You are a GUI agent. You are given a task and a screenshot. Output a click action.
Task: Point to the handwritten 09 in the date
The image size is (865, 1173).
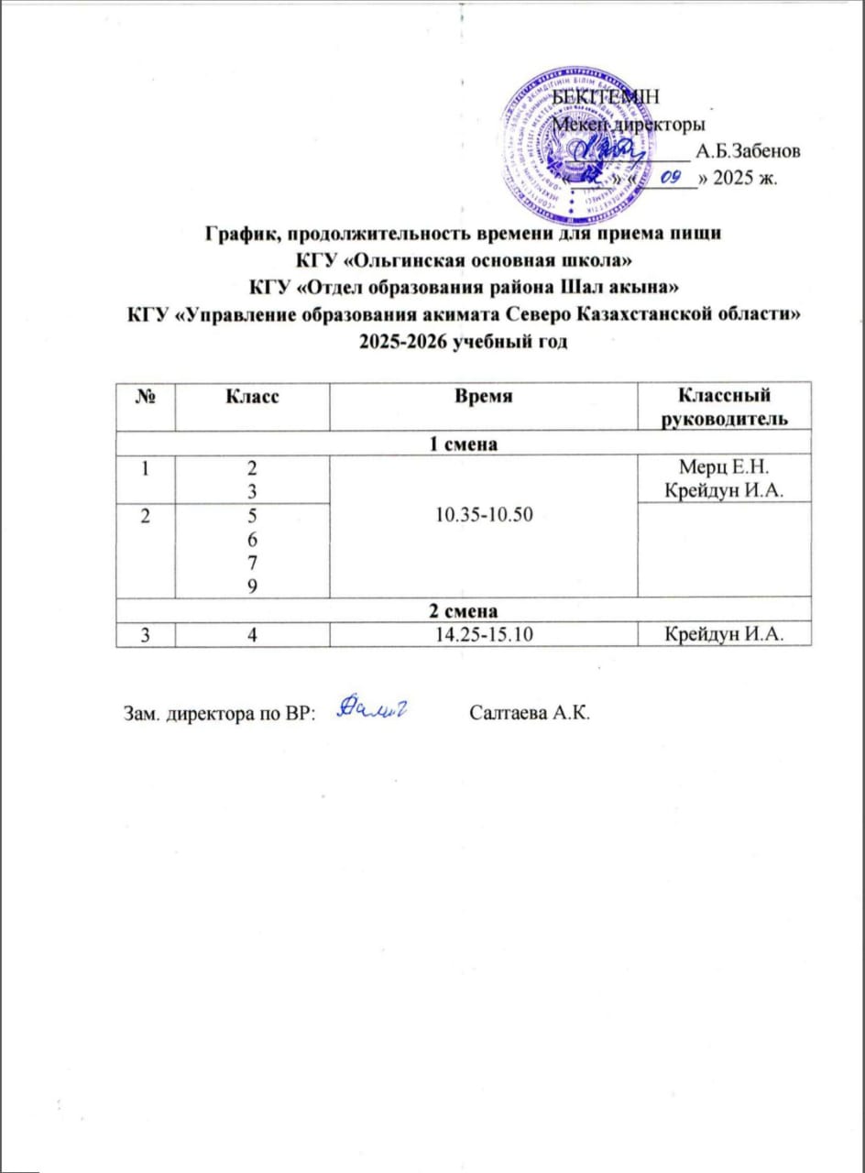point(674,177)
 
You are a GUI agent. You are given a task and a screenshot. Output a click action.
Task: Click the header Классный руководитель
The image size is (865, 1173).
point(724,407)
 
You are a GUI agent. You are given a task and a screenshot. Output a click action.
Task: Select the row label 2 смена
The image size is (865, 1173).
point(464,608)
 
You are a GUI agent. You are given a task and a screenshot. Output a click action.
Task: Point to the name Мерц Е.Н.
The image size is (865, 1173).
point(724,466)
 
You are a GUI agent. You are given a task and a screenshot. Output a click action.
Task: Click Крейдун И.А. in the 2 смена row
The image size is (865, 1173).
point(724,631)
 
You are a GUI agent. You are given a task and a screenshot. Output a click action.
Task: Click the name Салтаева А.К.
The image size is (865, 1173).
point(525,712)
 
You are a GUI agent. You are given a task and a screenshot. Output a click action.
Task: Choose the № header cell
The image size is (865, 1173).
point(144,396)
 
